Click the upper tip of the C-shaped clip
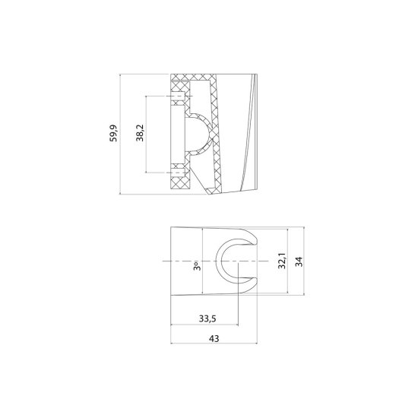click(252, 241)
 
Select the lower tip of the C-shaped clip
click(252, 283)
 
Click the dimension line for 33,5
click(205, 326)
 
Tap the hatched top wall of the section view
click(194, 79)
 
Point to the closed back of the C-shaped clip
click(219, 263)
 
